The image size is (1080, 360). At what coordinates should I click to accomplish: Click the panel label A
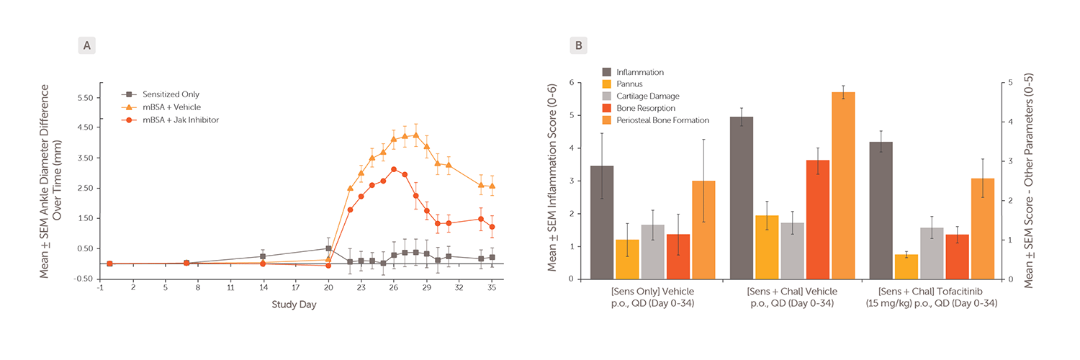[87, 46]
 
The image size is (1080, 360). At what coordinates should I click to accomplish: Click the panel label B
[580, 46]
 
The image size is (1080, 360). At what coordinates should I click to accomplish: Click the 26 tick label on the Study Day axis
[393, 287]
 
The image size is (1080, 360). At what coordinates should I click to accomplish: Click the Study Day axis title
[293, 305]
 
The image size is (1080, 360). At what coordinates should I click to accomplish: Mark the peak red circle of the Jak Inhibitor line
[394, 169]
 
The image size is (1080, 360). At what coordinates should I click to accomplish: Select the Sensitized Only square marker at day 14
[263, 256]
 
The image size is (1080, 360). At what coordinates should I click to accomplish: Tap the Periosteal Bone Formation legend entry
[667, 120]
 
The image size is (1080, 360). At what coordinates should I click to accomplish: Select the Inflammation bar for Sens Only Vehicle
[602, 222]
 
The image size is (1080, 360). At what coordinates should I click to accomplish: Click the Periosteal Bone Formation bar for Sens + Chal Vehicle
[842, 186]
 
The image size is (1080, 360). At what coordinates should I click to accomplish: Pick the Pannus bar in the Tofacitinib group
[906, 266]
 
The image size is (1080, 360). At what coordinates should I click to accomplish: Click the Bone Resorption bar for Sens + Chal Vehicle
[817, 220]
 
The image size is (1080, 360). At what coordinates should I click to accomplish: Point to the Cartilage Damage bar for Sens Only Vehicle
[652, 252]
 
